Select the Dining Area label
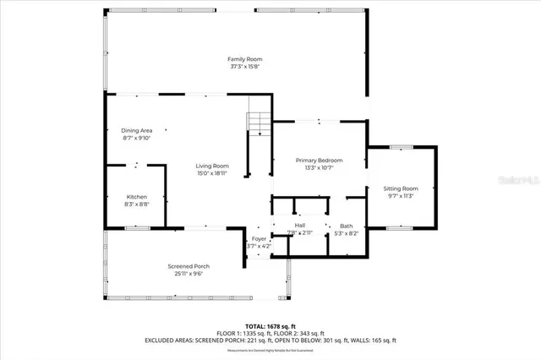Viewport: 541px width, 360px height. pyautogui.click(x=136, y=130)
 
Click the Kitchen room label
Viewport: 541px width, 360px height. pyautogui.click(x=137, y=196)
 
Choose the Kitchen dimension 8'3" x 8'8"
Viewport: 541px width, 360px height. pyautogui.click(x=137, y=204)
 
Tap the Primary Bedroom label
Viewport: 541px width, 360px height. pyautogui.click(x=319, y=160)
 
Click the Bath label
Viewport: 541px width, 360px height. pyautogui.click(x=347, y=226)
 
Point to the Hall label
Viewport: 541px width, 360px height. pyautogui.click(x=300, y=225)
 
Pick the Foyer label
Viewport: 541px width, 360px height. pyautogui.click(x=259, y=239)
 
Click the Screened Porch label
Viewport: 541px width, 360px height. pyautogui.click(x=185, y=266)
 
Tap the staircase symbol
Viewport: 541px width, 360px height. pyautogui.click(x=258, y=123)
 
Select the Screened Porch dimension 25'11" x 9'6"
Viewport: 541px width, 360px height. pyautogui.click(x=185, y=274)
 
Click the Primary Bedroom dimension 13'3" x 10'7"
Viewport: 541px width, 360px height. pyautogui.click(x=319, y=167)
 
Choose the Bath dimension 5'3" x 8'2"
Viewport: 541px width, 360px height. pyautogui.click(x=347, y=232)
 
